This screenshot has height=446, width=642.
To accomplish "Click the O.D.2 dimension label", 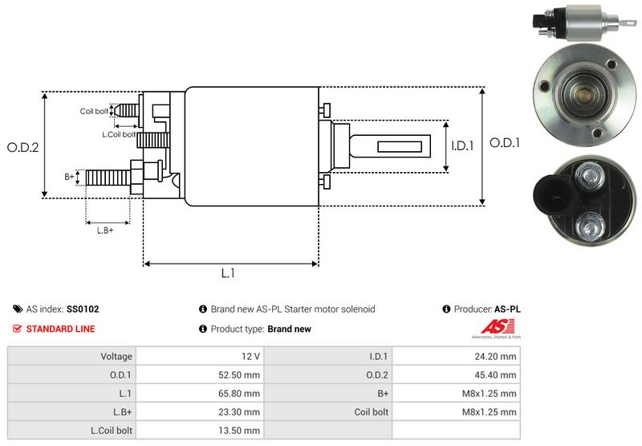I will [x=23, y=147].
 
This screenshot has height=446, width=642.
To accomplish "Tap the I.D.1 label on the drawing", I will [x=463, y=146].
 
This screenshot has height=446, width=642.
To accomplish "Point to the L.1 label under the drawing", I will [x=228, y=273].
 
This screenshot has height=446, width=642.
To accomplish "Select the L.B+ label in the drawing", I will [x=105, y=231].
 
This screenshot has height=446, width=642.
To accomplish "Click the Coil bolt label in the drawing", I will [x=94, y=111].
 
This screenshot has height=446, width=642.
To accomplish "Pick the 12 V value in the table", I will [x=250, y=356].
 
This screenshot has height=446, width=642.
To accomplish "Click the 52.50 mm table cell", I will [x=241, y=374].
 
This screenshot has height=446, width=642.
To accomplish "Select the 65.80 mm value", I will [x=241, y=394].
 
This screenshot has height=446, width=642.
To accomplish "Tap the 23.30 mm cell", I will [x=241, y=412].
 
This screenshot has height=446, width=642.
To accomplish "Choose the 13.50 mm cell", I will [x=241, y=431].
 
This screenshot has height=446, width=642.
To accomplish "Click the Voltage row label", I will [x=116, y=356].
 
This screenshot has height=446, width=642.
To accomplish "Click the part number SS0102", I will [x=83, y=309].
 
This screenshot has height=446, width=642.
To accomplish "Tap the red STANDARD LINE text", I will [x=60, y=329].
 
